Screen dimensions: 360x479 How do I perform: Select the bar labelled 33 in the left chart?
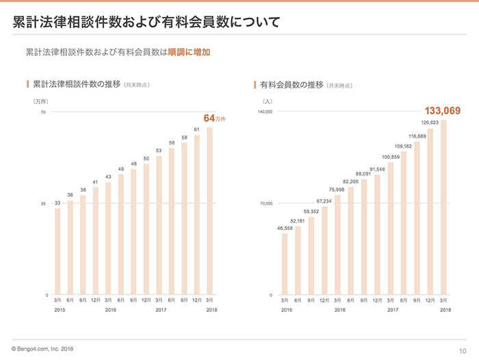57,250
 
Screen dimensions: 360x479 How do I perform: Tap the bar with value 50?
146,230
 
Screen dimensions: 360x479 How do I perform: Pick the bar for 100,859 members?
391,229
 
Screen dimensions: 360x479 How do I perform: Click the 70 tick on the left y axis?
42,112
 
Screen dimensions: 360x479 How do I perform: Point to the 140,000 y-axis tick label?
265,112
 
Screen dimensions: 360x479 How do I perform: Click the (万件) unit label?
42,101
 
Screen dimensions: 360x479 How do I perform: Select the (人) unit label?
268,101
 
